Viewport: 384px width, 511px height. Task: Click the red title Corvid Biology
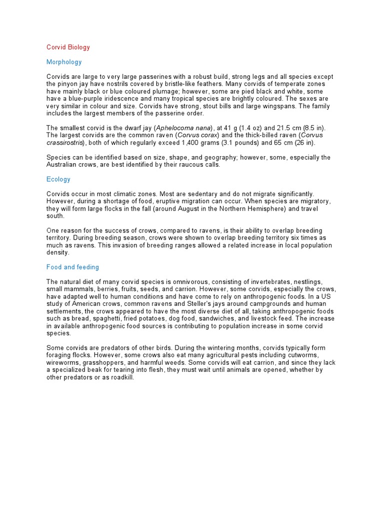tap(68, 47)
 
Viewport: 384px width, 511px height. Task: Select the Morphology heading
tap(64, 62)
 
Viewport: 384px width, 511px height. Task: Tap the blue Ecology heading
tap(58, 179)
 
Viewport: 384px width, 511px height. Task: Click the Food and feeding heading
tap(72, 267)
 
